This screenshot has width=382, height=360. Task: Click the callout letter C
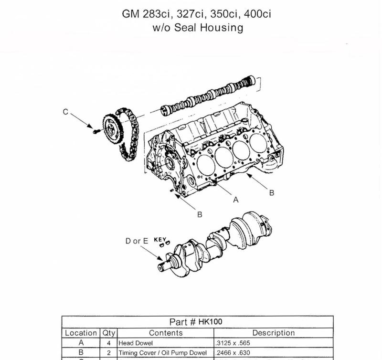[x=65, y=112]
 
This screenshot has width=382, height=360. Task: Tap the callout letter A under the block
[x=235, y=200]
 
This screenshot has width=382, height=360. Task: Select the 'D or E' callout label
[x=137, y=241]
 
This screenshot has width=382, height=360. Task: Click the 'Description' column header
[x=274, y=333]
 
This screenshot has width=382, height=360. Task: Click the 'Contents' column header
[x=166, y=333]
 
